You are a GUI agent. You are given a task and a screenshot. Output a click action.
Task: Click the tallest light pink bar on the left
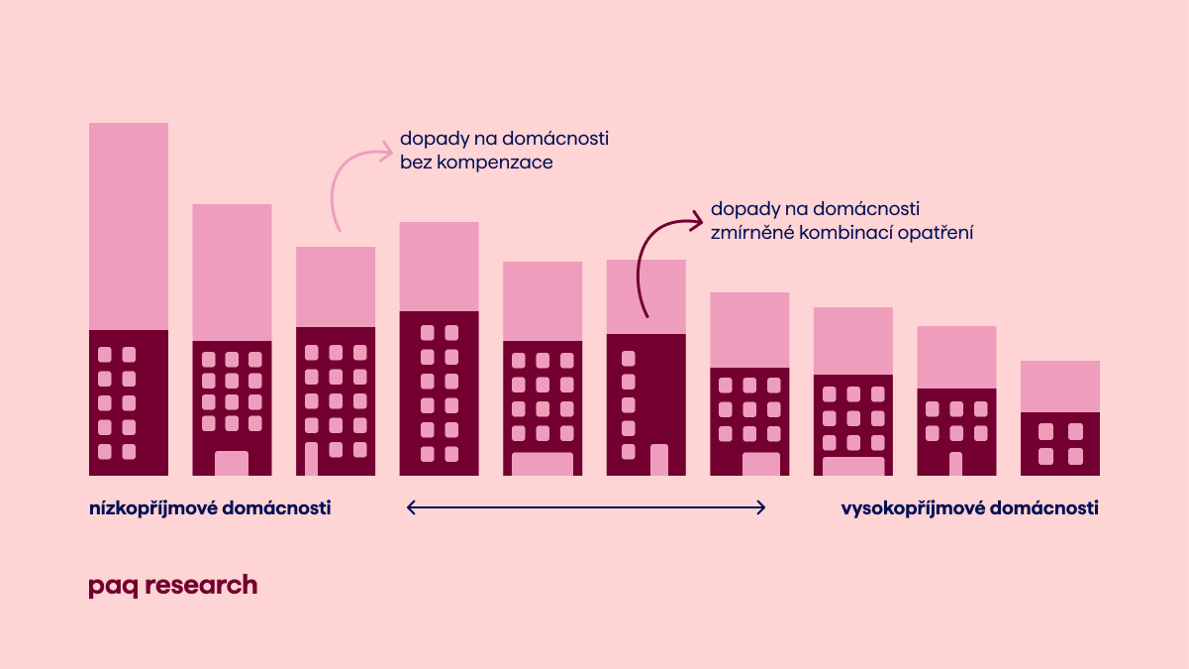click(129, 226)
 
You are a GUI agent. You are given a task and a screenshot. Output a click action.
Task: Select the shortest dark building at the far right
click(1060, 444)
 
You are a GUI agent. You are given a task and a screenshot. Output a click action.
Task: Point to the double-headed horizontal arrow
click(586, 508)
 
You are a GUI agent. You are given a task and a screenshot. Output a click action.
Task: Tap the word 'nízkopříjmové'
click(152, 508)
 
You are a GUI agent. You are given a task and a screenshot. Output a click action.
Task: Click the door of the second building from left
click(232, 464)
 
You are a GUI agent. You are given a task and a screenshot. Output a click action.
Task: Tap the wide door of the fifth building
click(543, 464)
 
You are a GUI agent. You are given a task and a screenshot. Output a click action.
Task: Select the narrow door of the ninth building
click(955, 464)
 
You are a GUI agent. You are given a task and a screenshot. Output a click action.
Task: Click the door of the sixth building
click(659, 460)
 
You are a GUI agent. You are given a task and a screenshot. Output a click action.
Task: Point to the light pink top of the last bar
click(1060, 387)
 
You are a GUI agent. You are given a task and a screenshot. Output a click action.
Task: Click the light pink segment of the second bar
click(232, 273)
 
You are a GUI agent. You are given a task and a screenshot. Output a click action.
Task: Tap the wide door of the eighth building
click(853, 466)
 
